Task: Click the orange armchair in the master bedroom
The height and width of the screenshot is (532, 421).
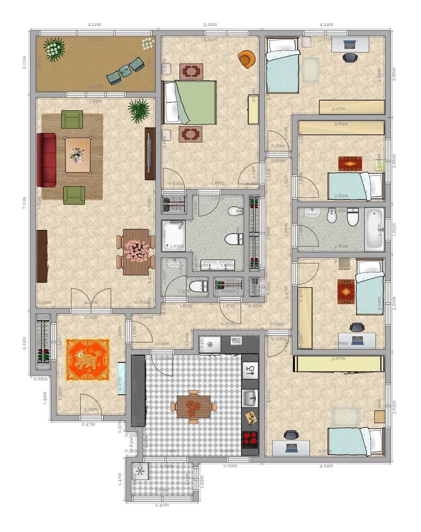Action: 247,59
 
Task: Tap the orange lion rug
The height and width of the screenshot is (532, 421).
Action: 88,360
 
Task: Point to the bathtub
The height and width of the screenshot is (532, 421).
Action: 374,229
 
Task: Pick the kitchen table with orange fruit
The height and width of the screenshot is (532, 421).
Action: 193,407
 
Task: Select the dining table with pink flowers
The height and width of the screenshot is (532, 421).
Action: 136,251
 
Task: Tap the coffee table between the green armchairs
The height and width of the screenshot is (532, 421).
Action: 77,155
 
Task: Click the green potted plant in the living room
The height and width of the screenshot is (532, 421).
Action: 139,110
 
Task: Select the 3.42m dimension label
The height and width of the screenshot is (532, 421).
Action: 210,24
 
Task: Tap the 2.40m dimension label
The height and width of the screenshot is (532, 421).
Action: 162,505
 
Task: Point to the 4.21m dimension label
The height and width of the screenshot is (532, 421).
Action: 94,24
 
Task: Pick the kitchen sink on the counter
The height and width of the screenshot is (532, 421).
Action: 250,398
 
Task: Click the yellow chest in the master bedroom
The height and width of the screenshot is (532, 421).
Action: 253,110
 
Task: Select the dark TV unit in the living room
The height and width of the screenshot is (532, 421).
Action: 150,153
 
